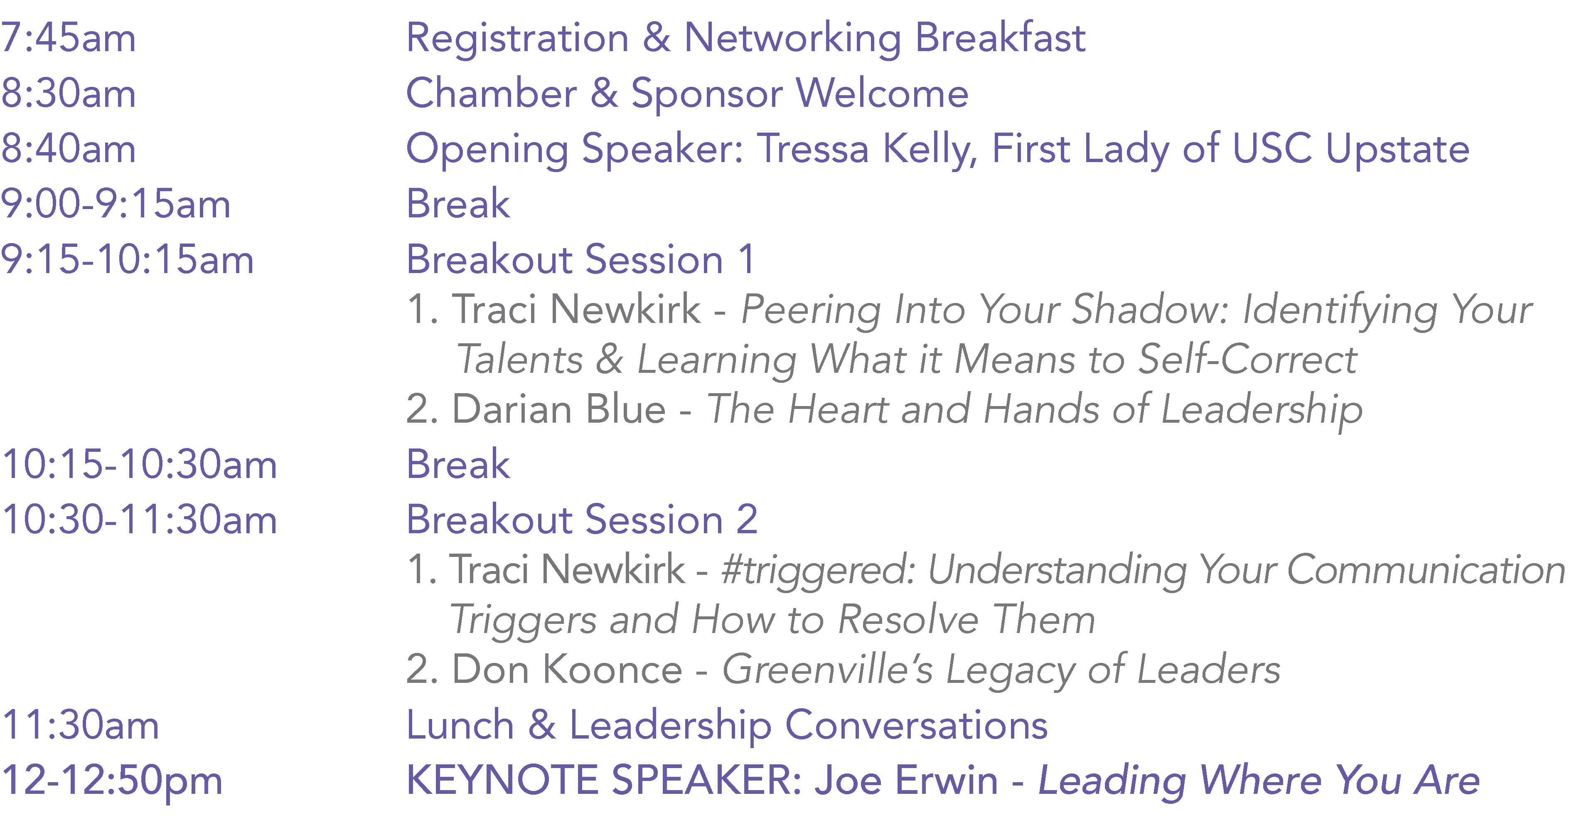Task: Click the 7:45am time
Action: click(x=68, y=37)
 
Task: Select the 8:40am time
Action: click(x=68, y=148)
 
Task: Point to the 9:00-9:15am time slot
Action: click(x=115, y=204)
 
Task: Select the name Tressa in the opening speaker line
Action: click(x=814, y=148)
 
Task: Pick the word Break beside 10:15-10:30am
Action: click(x=458, y=464)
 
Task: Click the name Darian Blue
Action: click(x=558, y=409)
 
